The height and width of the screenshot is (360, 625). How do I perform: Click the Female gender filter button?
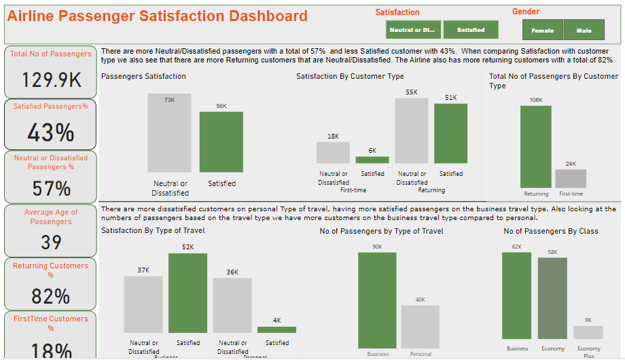(542, 30)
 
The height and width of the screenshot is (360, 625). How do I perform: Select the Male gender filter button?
(584, 30)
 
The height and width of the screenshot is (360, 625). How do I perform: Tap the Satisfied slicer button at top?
(470, 30)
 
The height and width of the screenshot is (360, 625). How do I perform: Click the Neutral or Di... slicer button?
(413, 30)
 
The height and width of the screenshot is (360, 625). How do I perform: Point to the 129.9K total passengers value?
(51, 80)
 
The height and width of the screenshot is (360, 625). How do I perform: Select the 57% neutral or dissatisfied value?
(51, 188)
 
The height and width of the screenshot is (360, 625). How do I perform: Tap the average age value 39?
(51, 242)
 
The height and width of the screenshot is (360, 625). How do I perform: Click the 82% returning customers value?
(51, 296)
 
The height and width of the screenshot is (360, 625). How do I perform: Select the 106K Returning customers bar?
(536, 146)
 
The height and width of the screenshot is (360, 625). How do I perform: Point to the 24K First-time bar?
(571, 178)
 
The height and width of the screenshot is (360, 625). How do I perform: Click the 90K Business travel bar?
(377, 300)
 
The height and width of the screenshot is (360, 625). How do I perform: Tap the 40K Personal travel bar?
(420, 326)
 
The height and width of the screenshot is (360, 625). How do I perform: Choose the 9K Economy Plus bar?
(588, 332)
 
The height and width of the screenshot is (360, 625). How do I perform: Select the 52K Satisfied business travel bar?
(187, 293)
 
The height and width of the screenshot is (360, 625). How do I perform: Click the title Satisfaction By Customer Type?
(350, 77)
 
